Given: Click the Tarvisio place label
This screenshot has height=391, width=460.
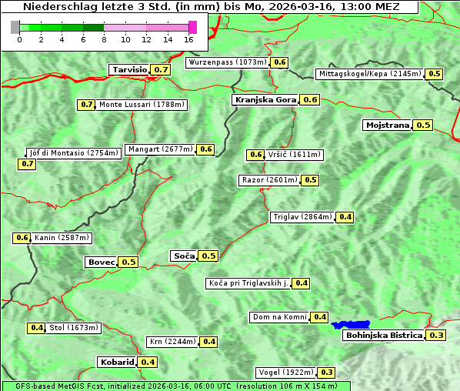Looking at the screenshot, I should click(129, 69).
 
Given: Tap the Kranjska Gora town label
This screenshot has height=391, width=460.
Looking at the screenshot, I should click(265, 99).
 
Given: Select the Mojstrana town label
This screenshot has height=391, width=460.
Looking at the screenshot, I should click(387, 125).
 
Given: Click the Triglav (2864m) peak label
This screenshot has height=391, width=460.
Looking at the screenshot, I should click(302, 217).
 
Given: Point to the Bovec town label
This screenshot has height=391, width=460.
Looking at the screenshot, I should click(101, 262).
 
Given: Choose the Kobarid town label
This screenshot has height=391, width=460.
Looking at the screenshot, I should click(116, 362).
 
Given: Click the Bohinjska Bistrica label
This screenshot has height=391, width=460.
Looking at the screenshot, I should click(383, 335).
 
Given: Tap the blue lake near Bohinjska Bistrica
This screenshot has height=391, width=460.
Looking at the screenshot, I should click(351, 325).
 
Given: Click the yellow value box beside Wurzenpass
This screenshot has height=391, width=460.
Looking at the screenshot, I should click(280, 62).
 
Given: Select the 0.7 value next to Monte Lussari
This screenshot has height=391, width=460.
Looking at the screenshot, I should click(87, 104).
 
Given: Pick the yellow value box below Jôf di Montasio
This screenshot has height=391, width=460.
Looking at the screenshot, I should click(28, 164).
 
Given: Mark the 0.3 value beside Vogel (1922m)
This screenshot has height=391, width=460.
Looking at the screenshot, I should click(327, 373).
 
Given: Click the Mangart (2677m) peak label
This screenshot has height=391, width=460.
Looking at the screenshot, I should click(160, 149).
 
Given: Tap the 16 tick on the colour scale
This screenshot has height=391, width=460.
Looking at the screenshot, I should click(189, 38).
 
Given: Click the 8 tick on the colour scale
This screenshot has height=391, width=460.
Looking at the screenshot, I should click(104, 38).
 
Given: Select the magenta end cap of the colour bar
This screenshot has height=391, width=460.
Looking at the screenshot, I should click(192, 27).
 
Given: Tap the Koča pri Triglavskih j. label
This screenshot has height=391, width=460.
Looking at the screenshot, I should click(248, 283).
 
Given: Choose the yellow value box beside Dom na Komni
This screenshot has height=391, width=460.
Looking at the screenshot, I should click(320, 317).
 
